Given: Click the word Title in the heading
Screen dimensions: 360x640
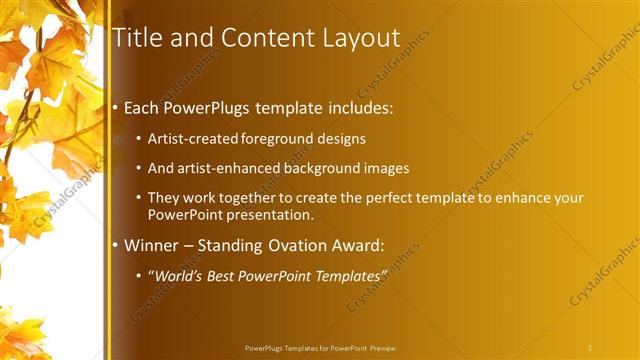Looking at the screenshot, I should (136, 38).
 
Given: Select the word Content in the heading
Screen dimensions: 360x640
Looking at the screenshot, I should (252, 38).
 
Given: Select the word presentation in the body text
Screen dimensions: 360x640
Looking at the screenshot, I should (271, 214).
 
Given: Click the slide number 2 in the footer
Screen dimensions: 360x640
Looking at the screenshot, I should (590, 348).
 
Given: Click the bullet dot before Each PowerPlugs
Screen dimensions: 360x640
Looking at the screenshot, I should (116, 107).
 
